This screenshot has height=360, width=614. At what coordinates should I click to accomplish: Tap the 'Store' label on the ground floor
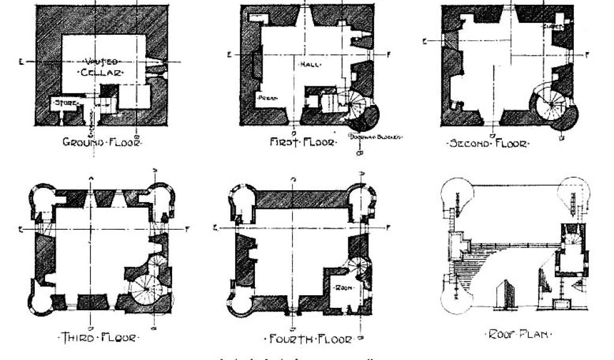point(65,103)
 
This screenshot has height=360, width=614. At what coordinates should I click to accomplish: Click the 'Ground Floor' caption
point(103,143)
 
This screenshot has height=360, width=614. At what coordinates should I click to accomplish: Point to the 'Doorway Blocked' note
point(376,136)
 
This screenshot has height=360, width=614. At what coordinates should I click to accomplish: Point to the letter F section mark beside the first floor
point(389,54)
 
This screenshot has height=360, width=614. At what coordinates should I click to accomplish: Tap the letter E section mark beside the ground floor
point(22,61)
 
